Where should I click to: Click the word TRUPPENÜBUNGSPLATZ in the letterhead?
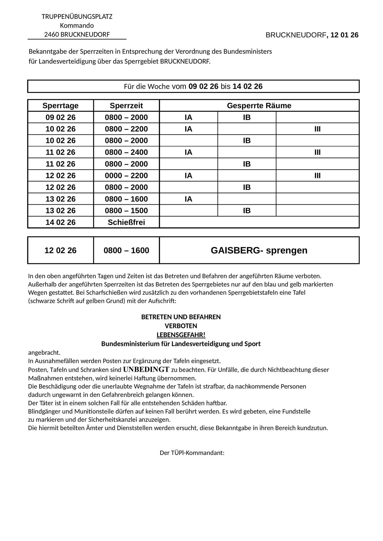(x=77, y=16)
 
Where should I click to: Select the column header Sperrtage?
(x=60, y=105)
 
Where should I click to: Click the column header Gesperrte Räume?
(x=259, y=105)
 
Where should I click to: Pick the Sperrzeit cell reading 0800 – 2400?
(x=126, y=152)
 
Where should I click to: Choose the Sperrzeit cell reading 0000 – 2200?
(x=126, y=176)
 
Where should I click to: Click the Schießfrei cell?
(x=126, y=222)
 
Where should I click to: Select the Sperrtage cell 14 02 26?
(x=60, y=222)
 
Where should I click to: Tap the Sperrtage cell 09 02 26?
(x=60, y=117)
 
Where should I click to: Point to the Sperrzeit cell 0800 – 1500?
(x=126, y=211)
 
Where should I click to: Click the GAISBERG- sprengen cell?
(x=259, y=250)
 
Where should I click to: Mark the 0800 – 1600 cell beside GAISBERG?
(x=126, y=250)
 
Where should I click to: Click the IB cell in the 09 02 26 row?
(x=247, y=117)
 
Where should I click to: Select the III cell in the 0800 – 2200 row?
(x=317, y=129)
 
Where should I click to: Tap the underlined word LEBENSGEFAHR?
(x=181, y=335)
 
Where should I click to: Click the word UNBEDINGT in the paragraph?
(x=146, y=369)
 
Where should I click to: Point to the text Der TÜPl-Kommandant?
(x=192, y=453)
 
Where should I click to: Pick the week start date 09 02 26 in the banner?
(x=203, y=86)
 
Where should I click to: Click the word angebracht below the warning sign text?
(x=44, y=353)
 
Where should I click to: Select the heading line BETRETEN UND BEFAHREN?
(x=181, y=317)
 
